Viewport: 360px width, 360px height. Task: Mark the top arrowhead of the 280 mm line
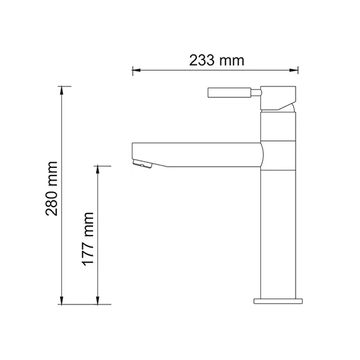(x=61, y=89)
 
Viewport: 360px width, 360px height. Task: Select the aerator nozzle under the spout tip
(x=142, y=165)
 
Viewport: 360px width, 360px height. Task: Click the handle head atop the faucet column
(x=279, y=95)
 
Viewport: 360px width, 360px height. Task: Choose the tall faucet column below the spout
(x=279, y=234)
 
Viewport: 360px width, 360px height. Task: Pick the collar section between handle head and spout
(x=279, y=126)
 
